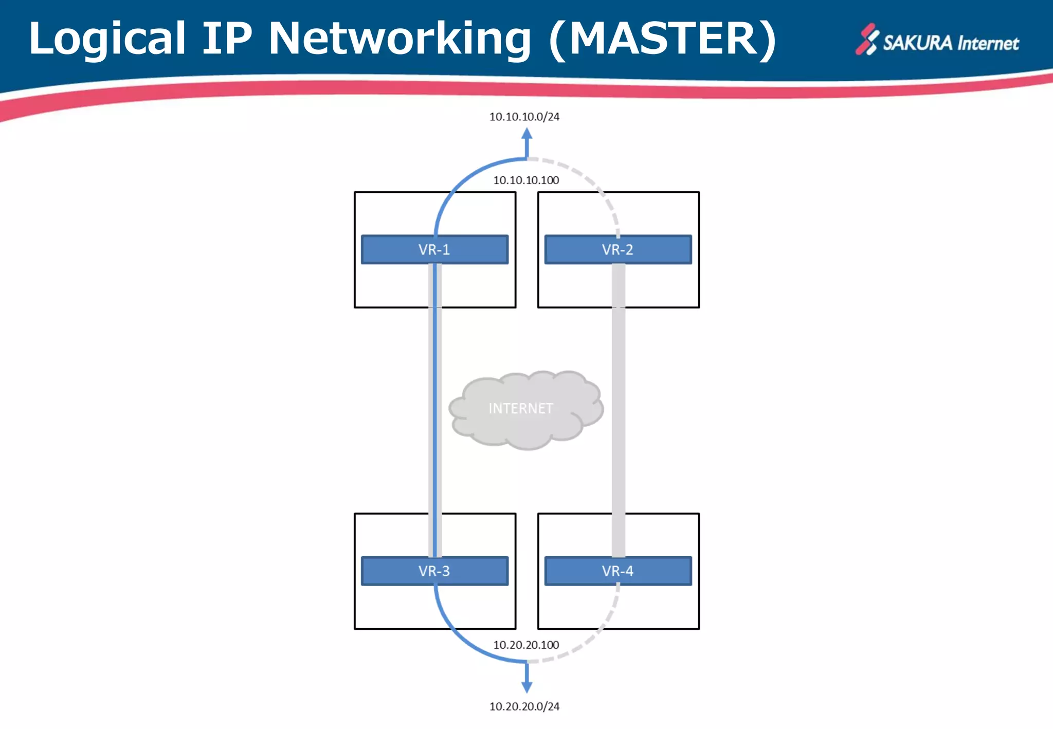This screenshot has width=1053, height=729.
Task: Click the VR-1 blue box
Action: point(434,250)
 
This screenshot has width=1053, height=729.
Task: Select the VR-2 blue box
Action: point(618,250)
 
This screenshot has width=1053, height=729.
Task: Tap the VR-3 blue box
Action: point(434,571)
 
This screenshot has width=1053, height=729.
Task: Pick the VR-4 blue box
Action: point(618,571)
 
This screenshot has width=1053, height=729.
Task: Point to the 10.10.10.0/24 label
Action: point(524,117)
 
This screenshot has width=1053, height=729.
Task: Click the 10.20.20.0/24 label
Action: point(524,706)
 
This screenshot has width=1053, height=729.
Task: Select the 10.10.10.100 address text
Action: point(526,180)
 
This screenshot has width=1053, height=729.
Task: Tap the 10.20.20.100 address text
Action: point(526,645)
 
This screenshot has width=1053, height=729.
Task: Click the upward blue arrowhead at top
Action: point(526,134)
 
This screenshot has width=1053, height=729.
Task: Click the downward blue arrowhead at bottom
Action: point(526,687)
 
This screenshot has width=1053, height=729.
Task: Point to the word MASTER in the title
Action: point(663,39)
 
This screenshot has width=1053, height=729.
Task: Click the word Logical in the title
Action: point(107,39)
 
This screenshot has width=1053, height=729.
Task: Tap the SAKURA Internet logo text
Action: point(951,43)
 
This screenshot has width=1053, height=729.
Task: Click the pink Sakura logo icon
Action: point(867,39)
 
